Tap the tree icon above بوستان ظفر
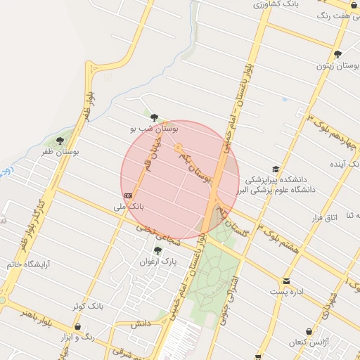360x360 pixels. [60, 141]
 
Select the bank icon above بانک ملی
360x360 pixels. [128, 195]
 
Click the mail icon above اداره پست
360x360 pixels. [286, 281]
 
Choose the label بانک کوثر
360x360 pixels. [88, 307]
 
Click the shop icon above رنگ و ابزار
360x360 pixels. [77, 327]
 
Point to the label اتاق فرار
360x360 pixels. [325, 217]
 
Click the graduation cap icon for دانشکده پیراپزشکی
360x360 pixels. [276, 169]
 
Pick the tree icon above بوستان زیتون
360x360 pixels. [338, 54]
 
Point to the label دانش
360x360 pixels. [140, 324]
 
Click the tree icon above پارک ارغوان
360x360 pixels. [157, 250]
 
